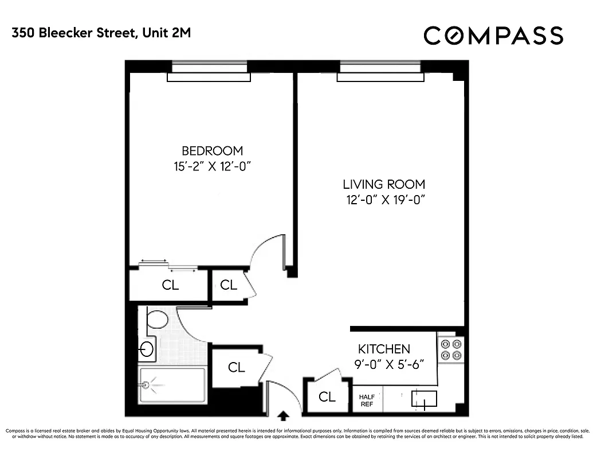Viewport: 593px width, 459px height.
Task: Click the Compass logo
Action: [x=493, y=36]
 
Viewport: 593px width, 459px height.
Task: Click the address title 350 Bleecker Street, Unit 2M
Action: [x=101, y=33]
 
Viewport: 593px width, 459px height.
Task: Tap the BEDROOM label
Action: [x=212, y=151]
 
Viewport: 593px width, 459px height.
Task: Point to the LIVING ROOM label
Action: [x=384, y=184]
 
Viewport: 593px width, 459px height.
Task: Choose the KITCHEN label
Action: [x=384, y=349]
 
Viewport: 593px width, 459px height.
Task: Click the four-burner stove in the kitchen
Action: [x=451, y=349]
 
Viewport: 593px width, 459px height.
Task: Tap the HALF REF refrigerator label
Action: [x=366, y=400]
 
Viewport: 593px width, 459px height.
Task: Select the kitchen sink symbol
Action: [x=424, y=398]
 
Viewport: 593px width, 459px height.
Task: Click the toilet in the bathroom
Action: [x=156, y=319]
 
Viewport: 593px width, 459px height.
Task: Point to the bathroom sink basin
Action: [x=147, y=348]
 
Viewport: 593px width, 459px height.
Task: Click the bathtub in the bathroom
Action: [x=172, y=386]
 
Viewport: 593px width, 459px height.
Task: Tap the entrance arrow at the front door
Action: [x=282, y=414]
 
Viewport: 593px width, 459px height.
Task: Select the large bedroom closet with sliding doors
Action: [x=170, y=285]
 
